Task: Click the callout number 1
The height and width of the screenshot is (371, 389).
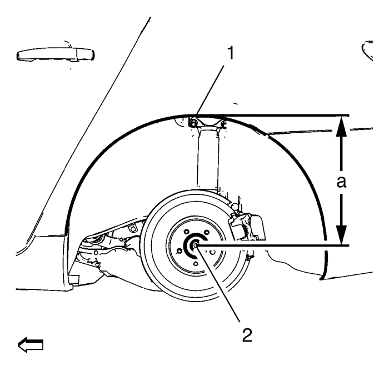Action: pos(231,53)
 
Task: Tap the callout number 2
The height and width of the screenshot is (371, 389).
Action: pos(247,335)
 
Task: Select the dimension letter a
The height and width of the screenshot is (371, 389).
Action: pos(341,182)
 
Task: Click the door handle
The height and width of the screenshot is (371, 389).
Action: pos(55,54)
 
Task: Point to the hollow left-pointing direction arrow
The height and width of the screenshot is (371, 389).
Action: pos(31,345)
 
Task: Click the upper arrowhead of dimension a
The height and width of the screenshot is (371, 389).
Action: pos(342,127)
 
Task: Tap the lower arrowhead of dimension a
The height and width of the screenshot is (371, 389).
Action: pos(342,234)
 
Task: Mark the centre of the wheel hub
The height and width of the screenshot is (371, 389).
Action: pos(196,245)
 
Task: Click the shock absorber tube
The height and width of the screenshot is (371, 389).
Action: pos(208,159)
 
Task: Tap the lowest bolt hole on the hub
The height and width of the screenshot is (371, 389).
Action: pos(196,263)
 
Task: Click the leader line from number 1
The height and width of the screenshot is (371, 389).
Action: pos(210,91)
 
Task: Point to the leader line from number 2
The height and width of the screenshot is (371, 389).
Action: pos(218,283)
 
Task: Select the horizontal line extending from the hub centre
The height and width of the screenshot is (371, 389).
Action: pos(272,245)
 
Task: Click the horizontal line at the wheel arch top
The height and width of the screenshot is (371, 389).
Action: pos(268,116)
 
